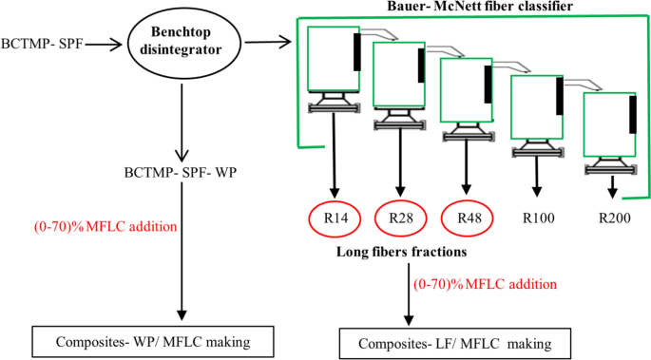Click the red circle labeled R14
(335, 218)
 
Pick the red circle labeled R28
(401, 218)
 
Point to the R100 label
(539, 218)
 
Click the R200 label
(615, 218)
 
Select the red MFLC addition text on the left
(94, 226)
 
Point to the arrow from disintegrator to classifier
(275, 42)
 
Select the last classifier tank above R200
(608, 123)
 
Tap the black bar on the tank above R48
(488, 83)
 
